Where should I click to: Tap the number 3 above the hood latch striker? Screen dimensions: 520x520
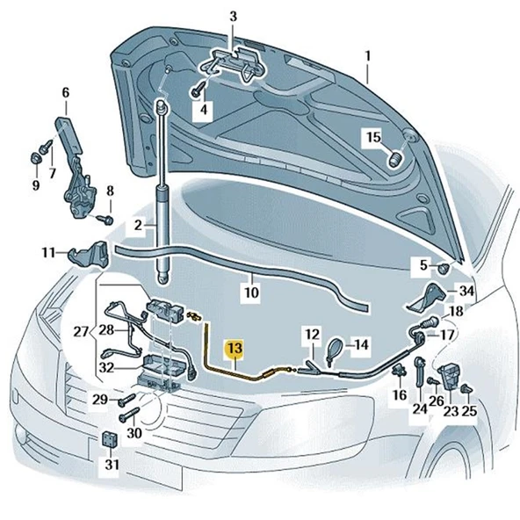click(233, 17)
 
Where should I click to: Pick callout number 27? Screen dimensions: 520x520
click(64, 92)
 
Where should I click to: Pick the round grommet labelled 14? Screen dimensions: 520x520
click(335, 349)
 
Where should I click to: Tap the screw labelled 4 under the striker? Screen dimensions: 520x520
click(199, 90)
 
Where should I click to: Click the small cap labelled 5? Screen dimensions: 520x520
click(444, 266)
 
